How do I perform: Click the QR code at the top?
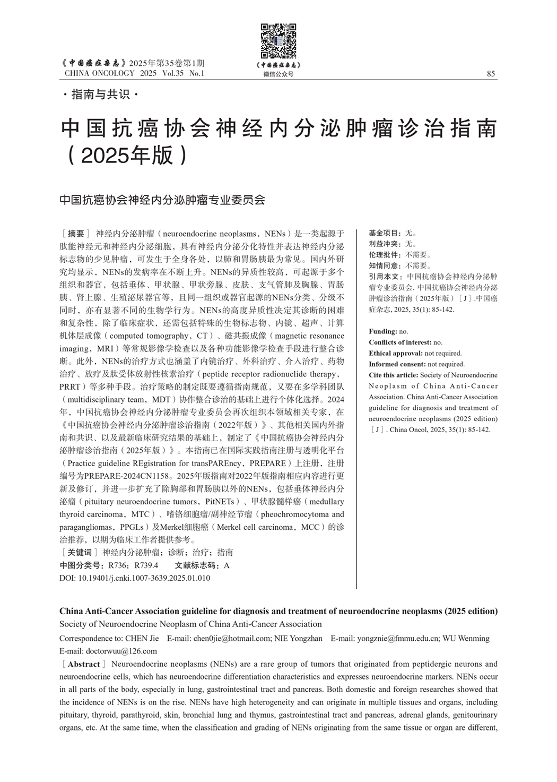278,41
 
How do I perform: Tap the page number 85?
491,74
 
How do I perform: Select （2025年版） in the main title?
126,154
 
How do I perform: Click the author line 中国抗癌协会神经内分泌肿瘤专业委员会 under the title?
162,200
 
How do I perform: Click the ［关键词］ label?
80,552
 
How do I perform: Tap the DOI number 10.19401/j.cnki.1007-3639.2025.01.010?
144,578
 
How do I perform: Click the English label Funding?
383,331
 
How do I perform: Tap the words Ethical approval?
396,353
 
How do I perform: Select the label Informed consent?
397,364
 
